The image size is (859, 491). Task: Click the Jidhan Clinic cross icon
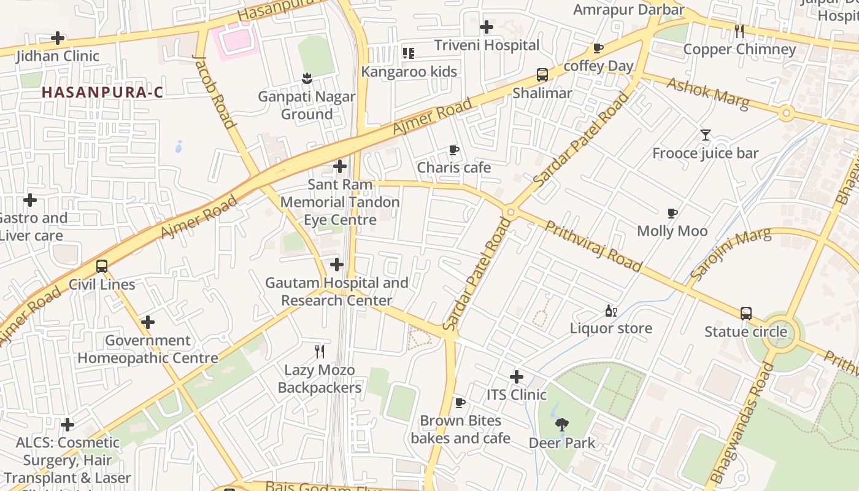[58, 38]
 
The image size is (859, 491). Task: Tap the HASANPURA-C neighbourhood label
[102, 93]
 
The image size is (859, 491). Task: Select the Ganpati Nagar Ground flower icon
[307, 78]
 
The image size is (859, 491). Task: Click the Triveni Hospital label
[487, 45]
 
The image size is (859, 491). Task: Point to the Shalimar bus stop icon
[542, 75]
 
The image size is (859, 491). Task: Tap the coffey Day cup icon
[598, 48]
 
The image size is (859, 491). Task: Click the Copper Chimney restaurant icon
[739, 31]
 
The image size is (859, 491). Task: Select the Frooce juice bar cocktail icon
[706, 135]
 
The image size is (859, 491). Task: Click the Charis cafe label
[454, 168]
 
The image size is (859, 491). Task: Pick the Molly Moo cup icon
[672, 213]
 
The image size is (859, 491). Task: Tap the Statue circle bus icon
[746, 314]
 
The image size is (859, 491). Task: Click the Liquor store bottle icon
[611, 311]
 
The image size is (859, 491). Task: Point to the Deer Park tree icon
[561, 424]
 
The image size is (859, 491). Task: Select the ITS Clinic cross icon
[517, 376]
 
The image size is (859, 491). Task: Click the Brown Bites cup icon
[460, 403]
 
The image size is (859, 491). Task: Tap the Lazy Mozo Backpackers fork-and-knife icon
[319, 352]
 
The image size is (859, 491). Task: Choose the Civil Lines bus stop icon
[102, 266]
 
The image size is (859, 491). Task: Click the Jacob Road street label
[215, 92]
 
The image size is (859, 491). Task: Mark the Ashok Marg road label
[708, 93]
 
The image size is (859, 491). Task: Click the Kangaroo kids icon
[408, 53]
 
